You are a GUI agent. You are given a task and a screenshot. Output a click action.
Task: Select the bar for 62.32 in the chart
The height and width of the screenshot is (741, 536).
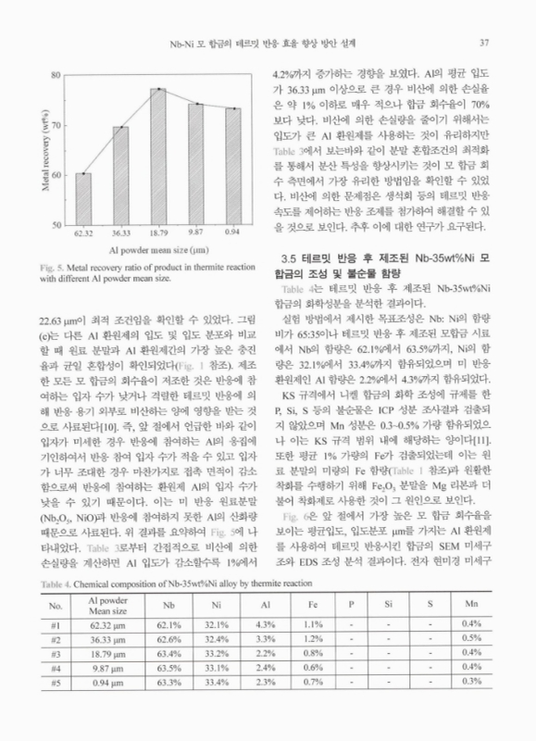tap(83, 199)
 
